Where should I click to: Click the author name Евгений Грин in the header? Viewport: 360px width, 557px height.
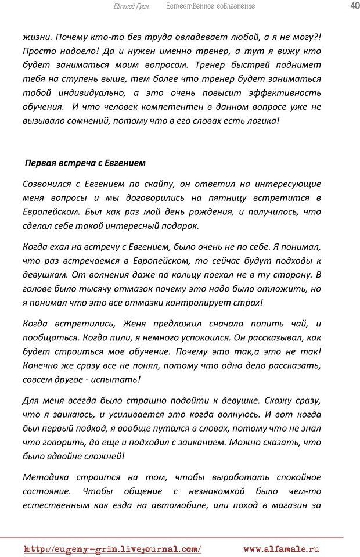131,6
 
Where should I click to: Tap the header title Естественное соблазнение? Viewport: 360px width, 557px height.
210,6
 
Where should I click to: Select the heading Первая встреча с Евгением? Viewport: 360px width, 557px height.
85,163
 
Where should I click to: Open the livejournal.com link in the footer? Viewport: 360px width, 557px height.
113,548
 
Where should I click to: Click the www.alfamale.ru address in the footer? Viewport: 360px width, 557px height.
281,548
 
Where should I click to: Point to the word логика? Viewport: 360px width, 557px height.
260,121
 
